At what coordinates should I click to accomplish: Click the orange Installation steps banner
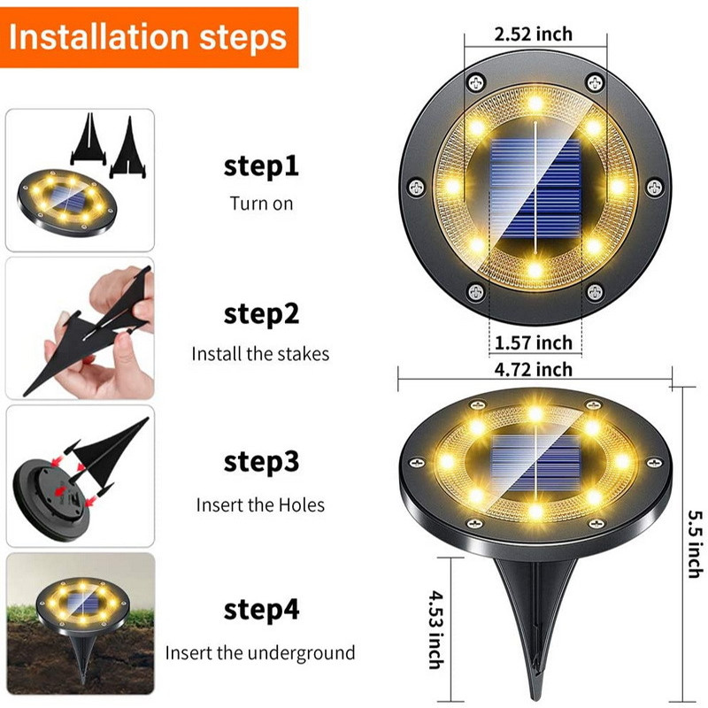[x=149, y=37]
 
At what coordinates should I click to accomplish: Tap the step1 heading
[x=261, y=166]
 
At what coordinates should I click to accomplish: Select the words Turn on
[x=261, y=204]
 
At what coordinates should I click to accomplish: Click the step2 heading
[x=261, y=314]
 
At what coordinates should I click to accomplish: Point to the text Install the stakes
[x=260, y=354]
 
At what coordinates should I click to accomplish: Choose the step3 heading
[x=261, y=462]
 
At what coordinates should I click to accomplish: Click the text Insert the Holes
[x=260, y=505]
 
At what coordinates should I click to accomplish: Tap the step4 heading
[x=261, y=610]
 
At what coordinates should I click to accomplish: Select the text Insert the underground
[x=260, y=654]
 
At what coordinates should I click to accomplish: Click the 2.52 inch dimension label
[x=534, y=35]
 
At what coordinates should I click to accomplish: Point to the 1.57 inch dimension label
[x=534, y=342]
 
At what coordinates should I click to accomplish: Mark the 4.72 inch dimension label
[x=534, y=369]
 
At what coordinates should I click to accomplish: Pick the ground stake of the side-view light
[x=535, y=611]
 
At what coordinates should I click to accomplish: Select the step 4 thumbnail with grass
[x=80, y=624]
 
